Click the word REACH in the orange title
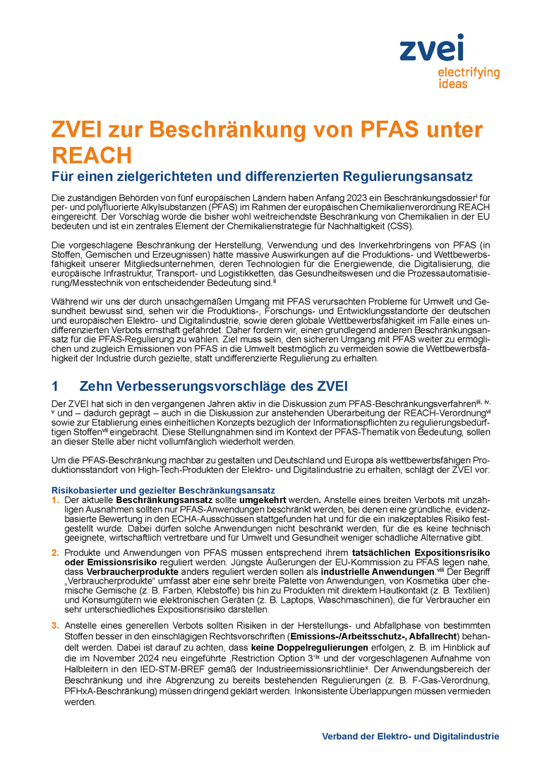point(92,155)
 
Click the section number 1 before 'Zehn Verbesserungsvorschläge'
point(56,386)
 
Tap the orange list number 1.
point(56,500)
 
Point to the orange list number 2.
point(56,551)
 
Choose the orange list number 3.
point(56,625)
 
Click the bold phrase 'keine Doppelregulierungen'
point(322,647)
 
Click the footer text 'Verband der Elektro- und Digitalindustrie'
point(410,736)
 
